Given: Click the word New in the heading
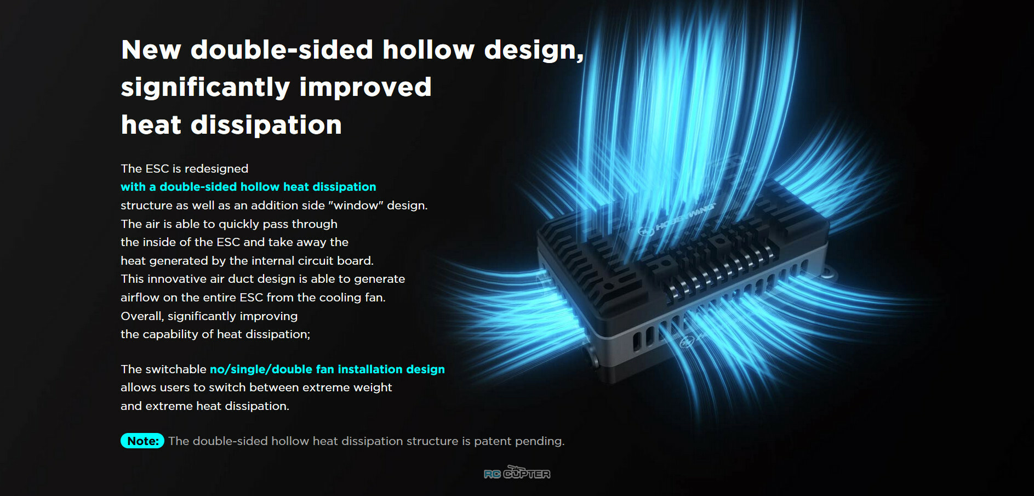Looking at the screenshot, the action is pos(151,50).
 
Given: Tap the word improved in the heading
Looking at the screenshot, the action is pos(365,87).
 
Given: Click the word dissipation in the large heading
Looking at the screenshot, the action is pos(266,125).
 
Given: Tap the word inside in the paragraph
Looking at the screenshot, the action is pos(167,242).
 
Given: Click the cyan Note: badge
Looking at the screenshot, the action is pos(142,441).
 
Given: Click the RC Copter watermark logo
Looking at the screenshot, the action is pos(517,472).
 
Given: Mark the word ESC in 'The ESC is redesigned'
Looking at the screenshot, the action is pos(157,169).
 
